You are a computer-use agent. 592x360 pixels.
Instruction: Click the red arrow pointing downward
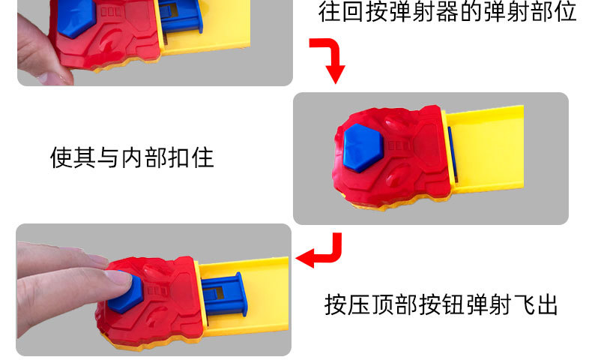(x=330, y=61)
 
